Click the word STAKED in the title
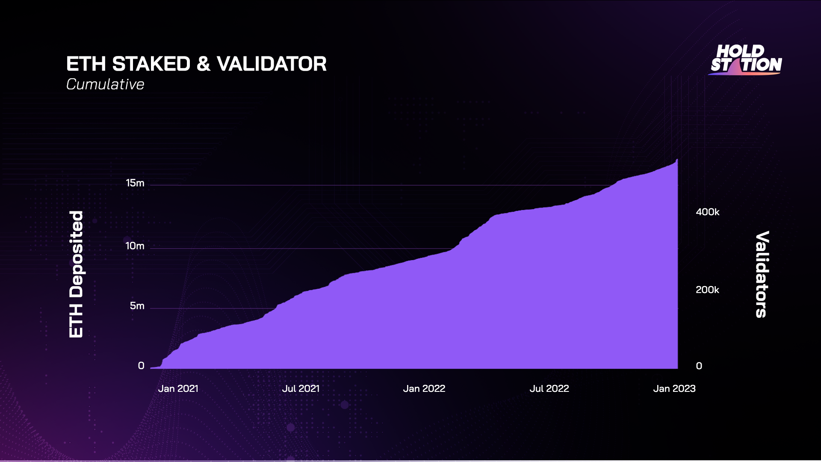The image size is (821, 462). pyautogui.click(x=151, y=64)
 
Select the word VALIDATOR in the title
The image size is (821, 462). pyautogui.click(x=272, y=64)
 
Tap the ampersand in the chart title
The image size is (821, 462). pyautogui.click(x=204, y=64)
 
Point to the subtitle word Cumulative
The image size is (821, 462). pyautogui.click(x=105, y=84)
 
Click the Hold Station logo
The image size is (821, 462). pyautogui.click(x=746, y=60)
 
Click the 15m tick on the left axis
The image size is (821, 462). pyautogui.click(x=135, y=183)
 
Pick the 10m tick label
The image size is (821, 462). pyautogui.click(x=135, y=246)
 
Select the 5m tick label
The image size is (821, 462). pyautogui.click(x=137, y=306)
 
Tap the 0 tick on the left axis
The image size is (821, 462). pyautogui.click(x=141, y=366)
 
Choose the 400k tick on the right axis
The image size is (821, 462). pyautogui.click(x=708, y=212)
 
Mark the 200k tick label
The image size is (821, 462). pyautogui.click(x=708, y=290)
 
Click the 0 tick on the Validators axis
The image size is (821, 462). pyautogui.click(x=699, y=366)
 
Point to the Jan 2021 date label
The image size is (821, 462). pyautogui.click(x=178, y=388)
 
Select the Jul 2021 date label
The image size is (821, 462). pyautogui.click(x=301, y=388)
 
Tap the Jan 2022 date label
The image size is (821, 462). pyautogui.click(x=424, y=388)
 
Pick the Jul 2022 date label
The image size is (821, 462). pyautogui.click(x=549, y=388)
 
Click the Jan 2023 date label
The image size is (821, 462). pyautogui.click(x=674, y=388)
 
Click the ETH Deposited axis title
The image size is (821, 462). pyautogui.click(x=77, y=274)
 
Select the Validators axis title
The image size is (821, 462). pyautogui.click(x=762, y=274)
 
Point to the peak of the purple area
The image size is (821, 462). pyautogui.click(x=677, y=160)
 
